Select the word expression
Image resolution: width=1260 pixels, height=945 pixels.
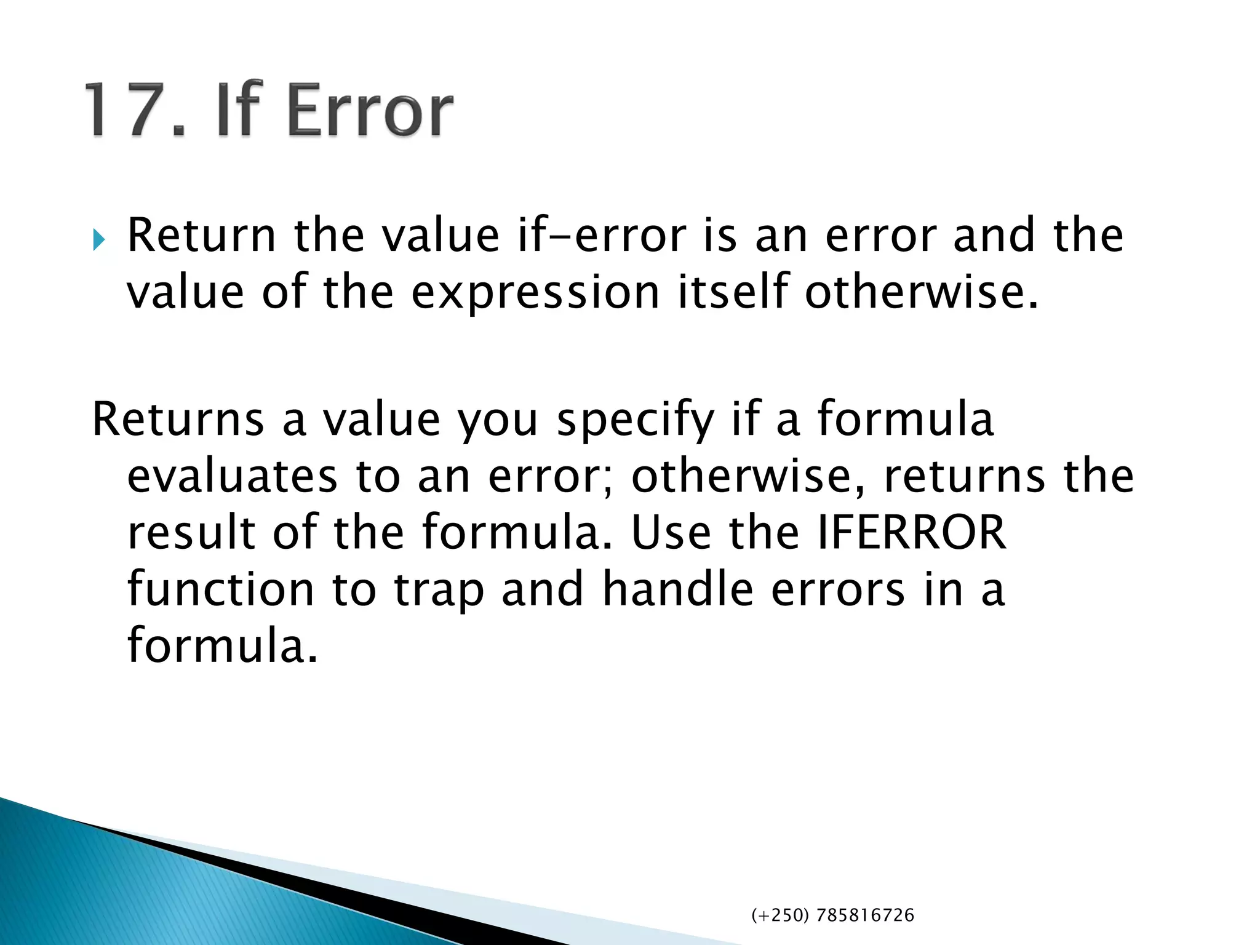(535, 293)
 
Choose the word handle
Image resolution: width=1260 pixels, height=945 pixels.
(677, 589)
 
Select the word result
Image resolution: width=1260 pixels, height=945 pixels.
(191, 533)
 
